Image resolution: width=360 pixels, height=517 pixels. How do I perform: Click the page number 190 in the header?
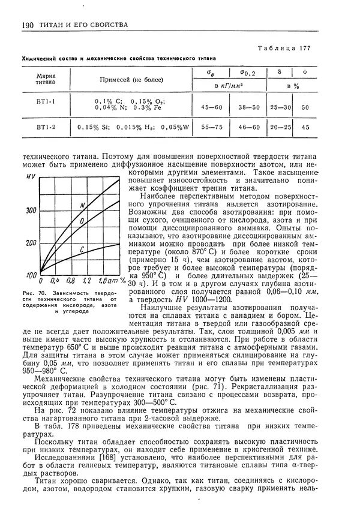tap(26, 25)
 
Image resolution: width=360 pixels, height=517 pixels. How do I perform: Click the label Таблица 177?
tap(283, 49)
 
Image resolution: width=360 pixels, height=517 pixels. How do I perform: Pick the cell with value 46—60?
tap(248, 127)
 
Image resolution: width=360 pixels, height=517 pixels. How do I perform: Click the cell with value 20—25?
tap(281, 127)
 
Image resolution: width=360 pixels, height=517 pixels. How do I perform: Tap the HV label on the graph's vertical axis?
tap(31, 178)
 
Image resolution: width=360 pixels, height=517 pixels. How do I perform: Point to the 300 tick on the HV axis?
tap(31, 211)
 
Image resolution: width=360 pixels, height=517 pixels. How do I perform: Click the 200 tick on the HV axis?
tap(31, 243)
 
